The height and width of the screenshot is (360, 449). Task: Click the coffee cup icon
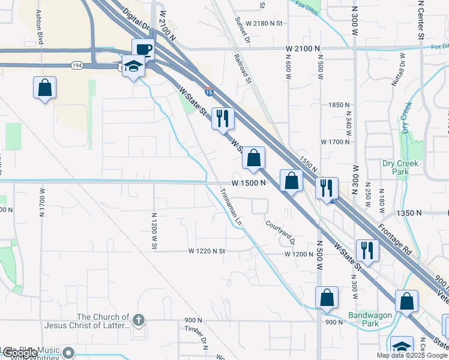[x=143, y=49]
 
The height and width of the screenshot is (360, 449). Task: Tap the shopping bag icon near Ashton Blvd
[x=45, y=88]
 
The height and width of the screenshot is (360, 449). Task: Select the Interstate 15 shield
[x=208, y=92]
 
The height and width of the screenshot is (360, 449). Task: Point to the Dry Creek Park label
[x=396, y=167]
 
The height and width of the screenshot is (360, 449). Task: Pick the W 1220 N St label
[x=206, y=251]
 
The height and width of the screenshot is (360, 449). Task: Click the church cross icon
[x=139, y=320]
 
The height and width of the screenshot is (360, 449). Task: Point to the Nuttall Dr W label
[x=399, y=70]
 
